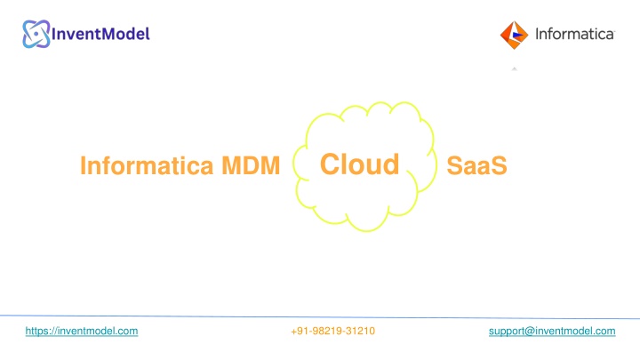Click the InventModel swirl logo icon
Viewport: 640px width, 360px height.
36,34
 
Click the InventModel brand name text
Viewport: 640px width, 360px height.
100,34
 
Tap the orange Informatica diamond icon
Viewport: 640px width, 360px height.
514,35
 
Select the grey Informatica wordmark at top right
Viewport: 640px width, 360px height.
575,34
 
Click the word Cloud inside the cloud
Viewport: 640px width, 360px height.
360,164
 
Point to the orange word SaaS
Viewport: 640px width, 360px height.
476,165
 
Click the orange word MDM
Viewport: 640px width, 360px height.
251,165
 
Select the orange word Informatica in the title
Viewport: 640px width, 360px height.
147,165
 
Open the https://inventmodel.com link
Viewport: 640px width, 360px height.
82,331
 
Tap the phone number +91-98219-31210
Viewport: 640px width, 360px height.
332,331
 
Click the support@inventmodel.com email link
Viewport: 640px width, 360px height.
552,331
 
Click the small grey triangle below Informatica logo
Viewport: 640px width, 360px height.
515,69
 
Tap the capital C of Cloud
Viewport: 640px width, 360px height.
330,164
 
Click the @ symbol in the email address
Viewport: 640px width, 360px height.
530,332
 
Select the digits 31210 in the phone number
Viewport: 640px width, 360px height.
360,331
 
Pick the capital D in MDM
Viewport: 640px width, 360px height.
251,165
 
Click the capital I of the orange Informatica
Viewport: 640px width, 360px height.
83,165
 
